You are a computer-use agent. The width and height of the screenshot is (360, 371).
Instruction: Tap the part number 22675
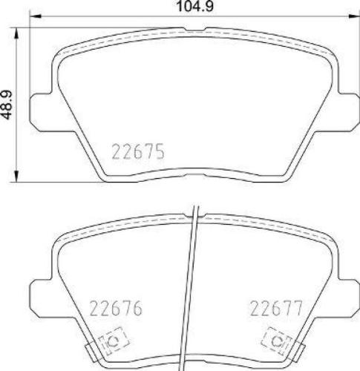point(137,153)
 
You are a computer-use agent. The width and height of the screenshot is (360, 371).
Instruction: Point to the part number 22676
point(115,306)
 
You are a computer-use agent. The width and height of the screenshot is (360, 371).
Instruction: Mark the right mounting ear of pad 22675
point(347,106)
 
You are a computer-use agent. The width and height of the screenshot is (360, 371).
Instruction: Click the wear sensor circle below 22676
point(114,341)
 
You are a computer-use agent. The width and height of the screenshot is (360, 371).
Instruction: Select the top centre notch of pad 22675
point(194,30)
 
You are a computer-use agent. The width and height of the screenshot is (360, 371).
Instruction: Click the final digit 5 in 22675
point(158,153)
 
